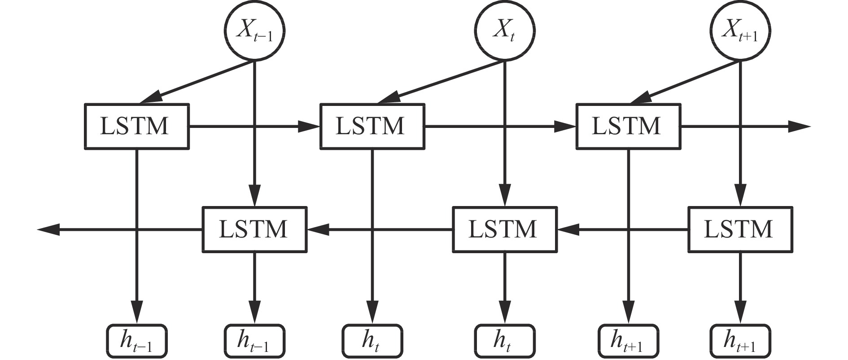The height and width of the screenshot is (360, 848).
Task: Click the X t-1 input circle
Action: tap(254, 31)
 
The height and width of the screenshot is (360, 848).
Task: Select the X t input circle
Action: tap(505, 31)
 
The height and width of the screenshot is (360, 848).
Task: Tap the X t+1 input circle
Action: tap(740, 31)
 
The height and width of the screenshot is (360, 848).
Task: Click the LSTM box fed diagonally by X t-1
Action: tap(136, 126)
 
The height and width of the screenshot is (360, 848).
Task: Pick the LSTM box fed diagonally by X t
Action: tap(372, 126)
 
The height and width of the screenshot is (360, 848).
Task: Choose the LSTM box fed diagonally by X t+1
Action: tap(628, 126)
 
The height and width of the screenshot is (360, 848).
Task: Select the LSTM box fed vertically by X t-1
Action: tap(254, 229)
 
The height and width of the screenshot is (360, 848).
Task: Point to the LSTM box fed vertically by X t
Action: tap(504, 229)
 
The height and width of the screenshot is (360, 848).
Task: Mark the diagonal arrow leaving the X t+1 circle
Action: tap(684, 82)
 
